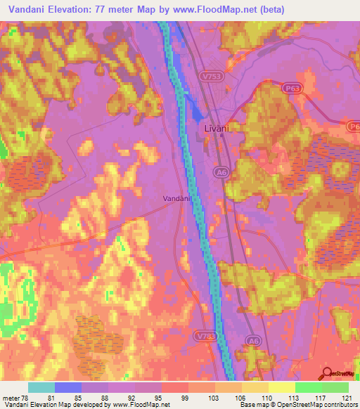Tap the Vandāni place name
[176, 199]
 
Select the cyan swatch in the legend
[41, 387]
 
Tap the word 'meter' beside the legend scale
[11, 397]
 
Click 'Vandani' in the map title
[28, 8]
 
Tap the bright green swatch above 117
[309, 387]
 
